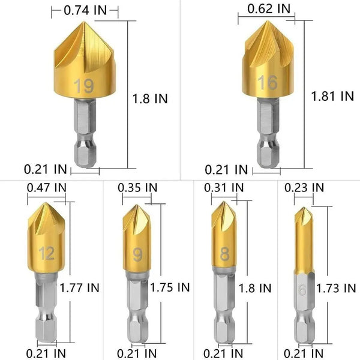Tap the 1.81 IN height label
[332, 95]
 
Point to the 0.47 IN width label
[46, 187]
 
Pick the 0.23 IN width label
[305, 187]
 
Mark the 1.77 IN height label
[79, 287]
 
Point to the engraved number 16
[268, 82]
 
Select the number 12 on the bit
[46, 253]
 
